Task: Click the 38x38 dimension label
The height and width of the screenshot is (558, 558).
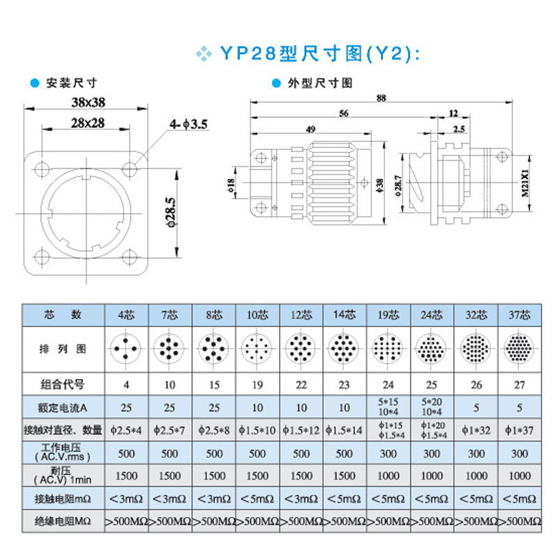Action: tap(88, 102)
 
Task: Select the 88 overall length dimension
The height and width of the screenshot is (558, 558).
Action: tap(380, 98)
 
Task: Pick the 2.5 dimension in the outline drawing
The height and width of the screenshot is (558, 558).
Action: tap(458, 128)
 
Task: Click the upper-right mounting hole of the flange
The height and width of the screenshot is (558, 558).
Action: tap(130, 168)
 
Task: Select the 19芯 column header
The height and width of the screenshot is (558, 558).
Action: tap(389, 314)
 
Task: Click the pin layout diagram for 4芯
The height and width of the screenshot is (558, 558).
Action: tap(126, 347)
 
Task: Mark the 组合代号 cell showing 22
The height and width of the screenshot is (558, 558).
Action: tap(301, 384)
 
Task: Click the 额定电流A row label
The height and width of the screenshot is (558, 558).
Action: tap(63, 407)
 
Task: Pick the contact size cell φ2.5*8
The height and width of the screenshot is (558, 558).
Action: tap(213, 430)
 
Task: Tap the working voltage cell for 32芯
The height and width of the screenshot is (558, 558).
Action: tap(476, 453)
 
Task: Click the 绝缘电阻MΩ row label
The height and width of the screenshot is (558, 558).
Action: tap(63, 521)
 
